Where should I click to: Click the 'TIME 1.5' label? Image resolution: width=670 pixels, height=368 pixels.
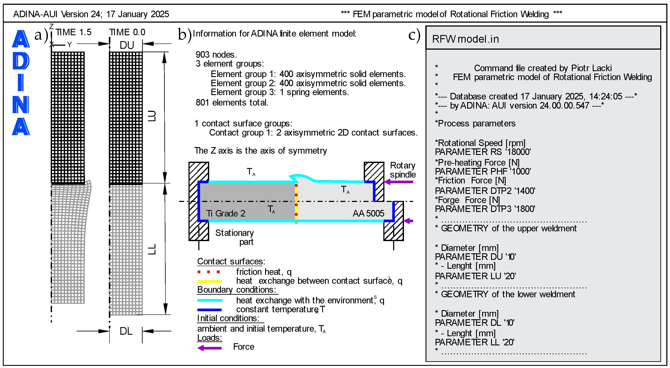73,32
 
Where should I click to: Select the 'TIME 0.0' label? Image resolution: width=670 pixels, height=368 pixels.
127,32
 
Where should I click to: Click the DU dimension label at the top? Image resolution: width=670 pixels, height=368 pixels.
127,45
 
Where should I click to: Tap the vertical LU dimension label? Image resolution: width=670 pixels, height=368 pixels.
152,116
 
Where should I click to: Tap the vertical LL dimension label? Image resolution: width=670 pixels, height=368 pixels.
152,249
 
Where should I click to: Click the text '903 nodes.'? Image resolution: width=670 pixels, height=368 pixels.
216,55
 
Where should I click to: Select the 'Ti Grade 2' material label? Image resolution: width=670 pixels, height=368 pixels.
226,213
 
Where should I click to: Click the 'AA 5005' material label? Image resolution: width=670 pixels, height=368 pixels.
368,213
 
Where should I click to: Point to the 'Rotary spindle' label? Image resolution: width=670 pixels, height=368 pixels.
403,170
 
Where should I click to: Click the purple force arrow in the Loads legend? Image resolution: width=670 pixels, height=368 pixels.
209,348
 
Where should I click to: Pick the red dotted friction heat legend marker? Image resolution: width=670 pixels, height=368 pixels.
209,272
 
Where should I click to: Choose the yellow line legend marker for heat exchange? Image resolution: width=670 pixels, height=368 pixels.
210,281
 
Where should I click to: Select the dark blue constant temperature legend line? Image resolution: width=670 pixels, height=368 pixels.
209,310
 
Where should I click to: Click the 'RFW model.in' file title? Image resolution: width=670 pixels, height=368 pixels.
465,39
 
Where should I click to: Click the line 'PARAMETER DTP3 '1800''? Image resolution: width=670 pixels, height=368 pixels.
485,209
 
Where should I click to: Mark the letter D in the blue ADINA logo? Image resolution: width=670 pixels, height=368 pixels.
21,61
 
